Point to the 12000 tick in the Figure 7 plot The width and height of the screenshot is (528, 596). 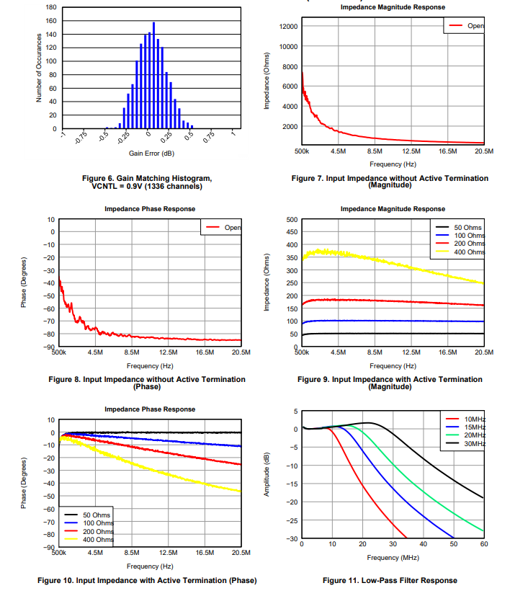(288, 27)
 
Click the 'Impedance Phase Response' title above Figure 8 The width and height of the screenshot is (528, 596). (150, 209)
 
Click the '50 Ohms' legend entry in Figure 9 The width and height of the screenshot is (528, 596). (468, 228)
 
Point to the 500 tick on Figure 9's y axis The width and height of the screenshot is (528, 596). (292, 219)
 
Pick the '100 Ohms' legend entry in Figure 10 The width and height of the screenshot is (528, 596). (98, 523)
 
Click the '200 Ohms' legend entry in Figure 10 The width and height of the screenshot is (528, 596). (98, 531)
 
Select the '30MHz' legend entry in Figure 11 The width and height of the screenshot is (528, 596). (474, 444)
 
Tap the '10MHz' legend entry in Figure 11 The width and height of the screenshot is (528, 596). (474, 419)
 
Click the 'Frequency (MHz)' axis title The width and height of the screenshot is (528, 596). (393, 557)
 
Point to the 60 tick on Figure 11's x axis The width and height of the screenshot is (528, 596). (483, 544)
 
